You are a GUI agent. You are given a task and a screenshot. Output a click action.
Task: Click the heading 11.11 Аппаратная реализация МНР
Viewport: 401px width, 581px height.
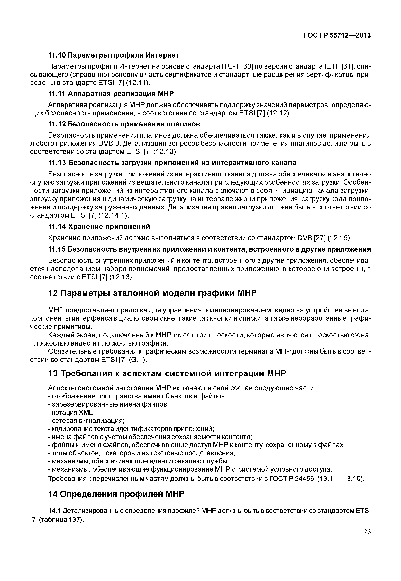(x=111, y=94)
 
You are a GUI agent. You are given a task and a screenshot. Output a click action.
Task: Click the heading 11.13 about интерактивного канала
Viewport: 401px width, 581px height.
(x=172, y=163)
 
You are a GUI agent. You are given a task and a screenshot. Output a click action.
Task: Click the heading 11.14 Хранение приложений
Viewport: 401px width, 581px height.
(x=99, y=227)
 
